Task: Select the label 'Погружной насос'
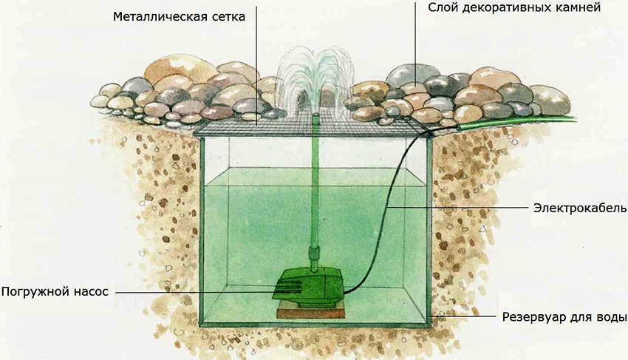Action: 55,292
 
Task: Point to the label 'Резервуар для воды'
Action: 564,318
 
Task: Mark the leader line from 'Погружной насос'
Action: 192,292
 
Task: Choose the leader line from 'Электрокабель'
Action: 458,208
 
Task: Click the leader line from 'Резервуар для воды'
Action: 465,318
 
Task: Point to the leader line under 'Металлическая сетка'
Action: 257,74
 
